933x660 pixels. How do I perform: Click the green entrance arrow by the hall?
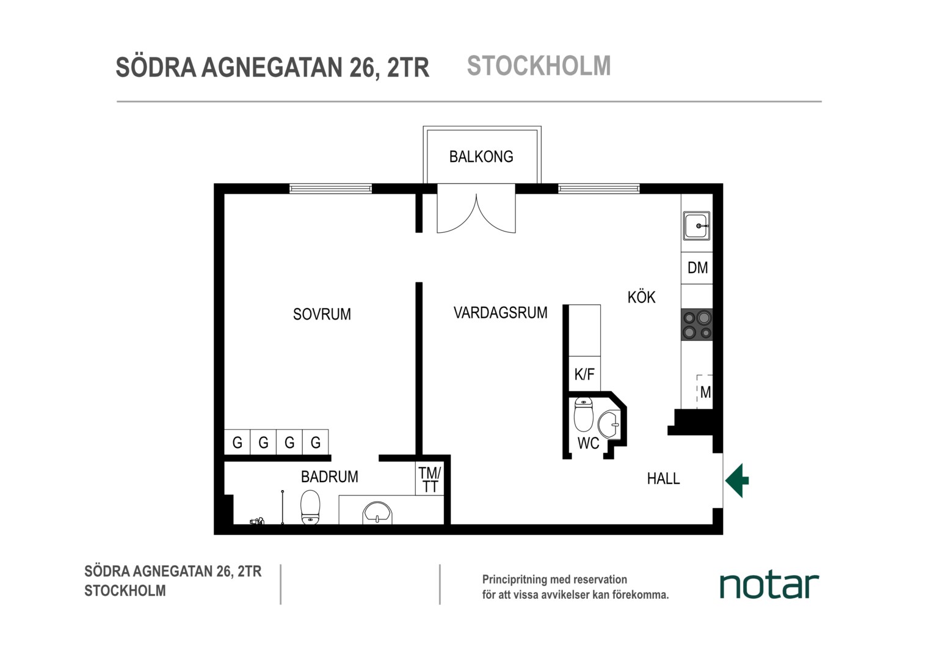[737, 481]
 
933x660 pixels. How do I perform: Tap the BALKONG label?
[481, 157]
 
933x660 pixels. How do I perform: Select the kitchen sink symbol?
[697, 226]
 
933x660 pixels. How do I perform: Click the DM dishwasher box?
[697, 268]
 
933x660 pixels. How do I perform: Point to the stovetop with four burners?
[697, 324]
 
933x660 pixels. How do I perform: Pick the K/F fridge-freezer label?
[584, 375]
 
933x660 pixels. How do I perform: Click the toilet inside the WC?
[583, 414]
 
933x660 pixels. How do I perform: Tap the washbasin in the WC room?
[609, 425]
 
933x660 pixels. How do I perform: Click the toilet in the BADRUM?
[310, 507]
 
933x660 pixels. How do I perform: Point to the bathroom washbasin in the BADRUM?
[377, 512]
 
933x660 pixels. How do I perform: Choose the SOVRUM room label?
[322, 314]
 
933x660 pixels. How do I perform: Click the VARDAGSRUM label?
[500, 313]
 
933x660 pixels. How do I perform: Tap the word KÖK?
[641, 297]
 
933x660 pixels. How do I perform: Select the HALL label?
[664, 479]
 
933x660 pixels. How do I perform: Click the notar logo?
[769, 585]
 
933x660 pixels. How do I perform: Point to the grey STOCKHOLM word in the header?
[539, 66]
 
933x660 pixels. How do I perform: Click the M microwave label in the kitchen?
[706, 392]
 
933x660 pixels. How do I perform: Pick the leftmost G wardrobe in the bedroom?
[238, 442]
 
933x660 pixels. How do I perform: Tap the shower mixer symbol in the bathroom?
[256, 521]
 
